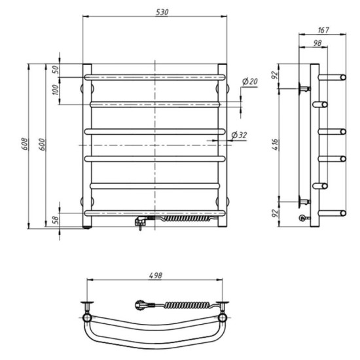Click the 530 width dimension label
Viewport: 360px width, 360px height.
pos(162,12)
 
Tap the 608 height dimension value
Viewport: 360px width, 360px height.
pos(24,144)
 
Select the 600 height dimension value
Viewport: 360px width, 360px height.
pos(42,145)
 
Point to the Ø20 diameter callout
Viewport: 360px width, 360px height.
pos(250,81)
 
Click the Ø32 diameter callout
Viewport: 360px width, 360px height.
pos(239,135)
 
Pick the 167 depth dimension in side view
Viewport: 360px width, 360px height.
pos(323,30)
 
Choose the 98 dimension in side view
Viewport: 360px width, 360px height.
pos(317,43)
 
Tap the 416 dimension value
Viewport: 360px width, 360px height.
pos(275,145)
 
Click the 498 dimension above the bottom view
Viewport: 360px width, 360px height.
pos(155,276)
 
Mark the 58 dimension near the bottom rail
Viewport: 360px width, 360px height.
pos(56,220)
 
